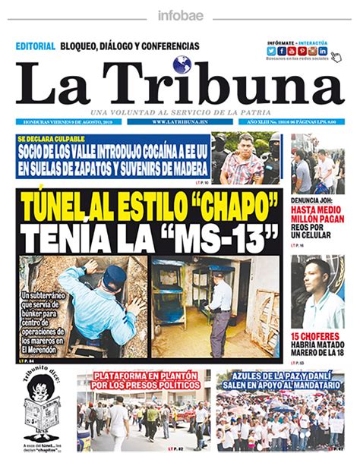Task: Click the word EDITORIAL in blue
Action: pos(35,46)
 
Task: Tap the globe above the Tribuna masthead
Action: pos(181,65)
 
